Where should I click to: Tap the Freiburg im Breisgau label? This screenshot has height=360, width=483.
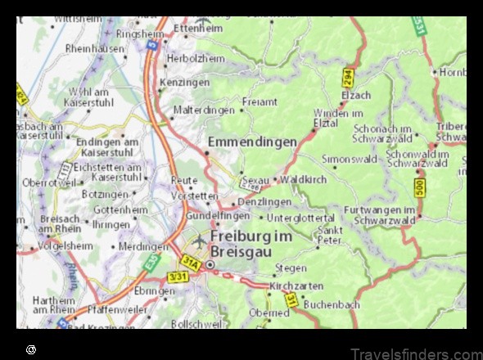pyautogui.click(x=251, y=243)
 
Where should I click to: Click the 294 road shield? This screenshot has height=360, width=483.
pyautogui.click(x=347, y=78)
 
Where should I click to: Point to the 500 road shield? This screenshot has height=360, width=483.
pyautogui.click(x=419, y=188)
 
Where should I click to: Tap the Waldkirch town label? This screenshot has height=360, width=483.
pyautogui.click(x=303, y=179)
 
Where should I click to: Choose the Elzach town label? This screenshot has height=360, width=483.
pyautogui.click(x=356, y=95)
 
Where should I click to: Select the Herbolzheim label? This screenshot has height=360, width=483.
pyautogui.click(x=195, y=60)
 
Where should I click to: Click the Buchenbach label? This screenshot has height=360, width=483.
pyautogui.click(x=332, y=304)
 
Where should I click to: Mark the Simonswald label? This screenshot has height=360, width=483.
pyautogui.click(x=350, y=158)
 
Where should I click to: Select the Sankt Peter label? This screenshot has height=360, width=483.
pyautogui.click(x=329, y=236)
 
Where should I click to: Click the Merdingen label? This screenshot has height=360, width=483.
pyautogui.click(x=144, y=245)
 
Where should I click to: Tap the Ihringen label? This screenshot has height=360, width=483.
pyautogui.click(x=111, y=223)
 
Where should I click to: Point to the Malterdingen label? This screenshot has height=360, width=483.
pyautogui.click(x=203, y=110)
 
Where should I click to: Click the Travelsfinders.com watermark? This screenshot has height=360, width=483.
pyautogui.click(x=415, y=353)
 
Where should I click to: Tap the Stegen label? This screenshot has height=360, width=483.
pyautogui.click(x=291, y=268)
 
